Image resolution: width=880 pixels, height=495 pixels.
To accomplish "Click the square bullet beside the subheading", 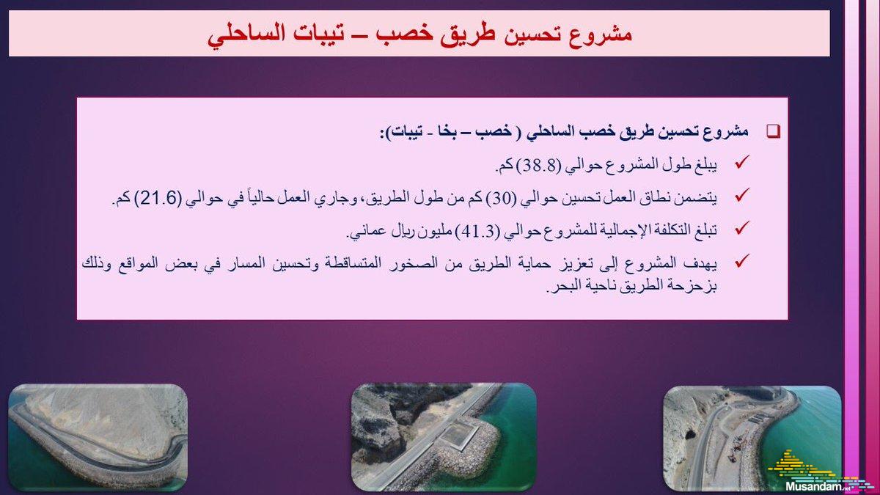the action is [x=773, y=131].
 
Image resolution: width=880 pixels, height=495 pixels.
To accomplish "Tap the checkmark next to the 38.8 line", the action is [x=741, y=162].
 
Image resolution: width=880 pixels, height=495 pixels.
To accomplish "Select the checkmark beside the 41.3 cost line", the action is [x=741, y=228].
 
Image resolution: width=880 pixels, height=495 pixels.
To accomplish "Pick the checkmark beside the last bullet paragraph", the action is [x=741, y=261].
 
